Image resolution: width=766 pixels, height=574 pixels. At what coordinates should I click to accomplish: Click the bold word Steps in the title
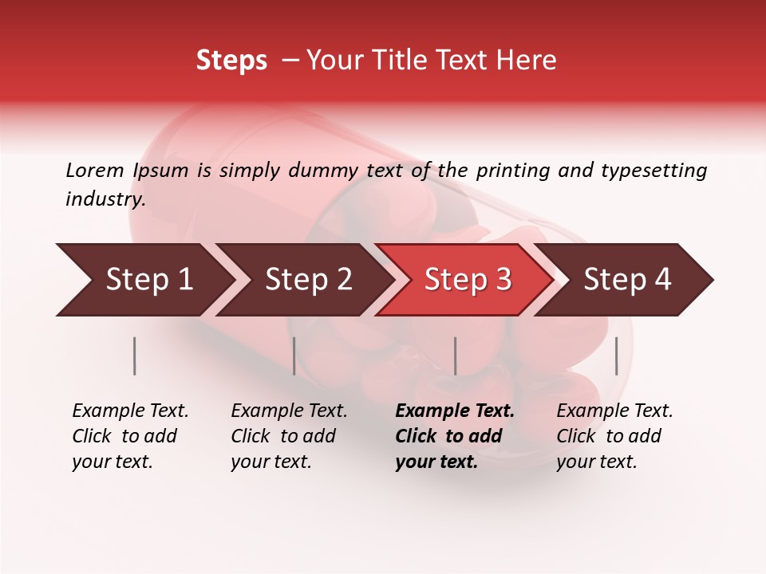coord(231,61)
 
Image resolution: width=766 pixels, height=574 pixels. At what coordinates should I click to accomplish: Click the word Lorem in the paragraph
coord(95,170)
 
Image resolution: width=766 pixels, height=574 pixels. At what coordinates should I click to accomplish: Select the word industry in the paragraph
coord(105,199)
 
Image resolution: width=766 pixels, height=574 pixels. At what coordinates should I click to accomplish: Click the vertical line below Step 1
coord(135,356)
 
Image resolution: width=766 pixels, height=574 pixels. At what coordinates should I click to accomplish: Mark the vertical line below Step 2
coord(294,356)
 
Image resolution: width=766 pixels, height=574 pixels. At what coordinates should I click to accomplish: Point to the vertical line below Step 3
coord(455,356)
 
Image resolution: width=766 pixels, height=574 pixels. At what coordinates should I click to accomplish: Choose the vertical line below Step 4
coord(616,356)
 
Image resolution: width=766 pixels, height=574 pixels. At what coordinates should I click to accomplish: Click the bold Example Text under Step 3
coord(455,411)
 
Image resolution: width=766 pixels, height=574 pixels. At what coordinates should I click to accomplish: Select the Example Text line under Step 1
coord(130,411)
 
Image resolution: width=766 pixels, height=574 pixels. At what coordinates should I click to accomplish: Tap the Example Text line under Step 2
coord(289,411)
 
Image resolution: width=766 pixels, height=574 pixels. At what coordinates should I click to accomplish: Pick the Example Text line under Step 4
coord(614,411)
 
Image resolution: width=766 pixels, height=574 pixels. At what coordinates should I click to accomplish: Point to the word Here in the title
coord(529,61)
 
